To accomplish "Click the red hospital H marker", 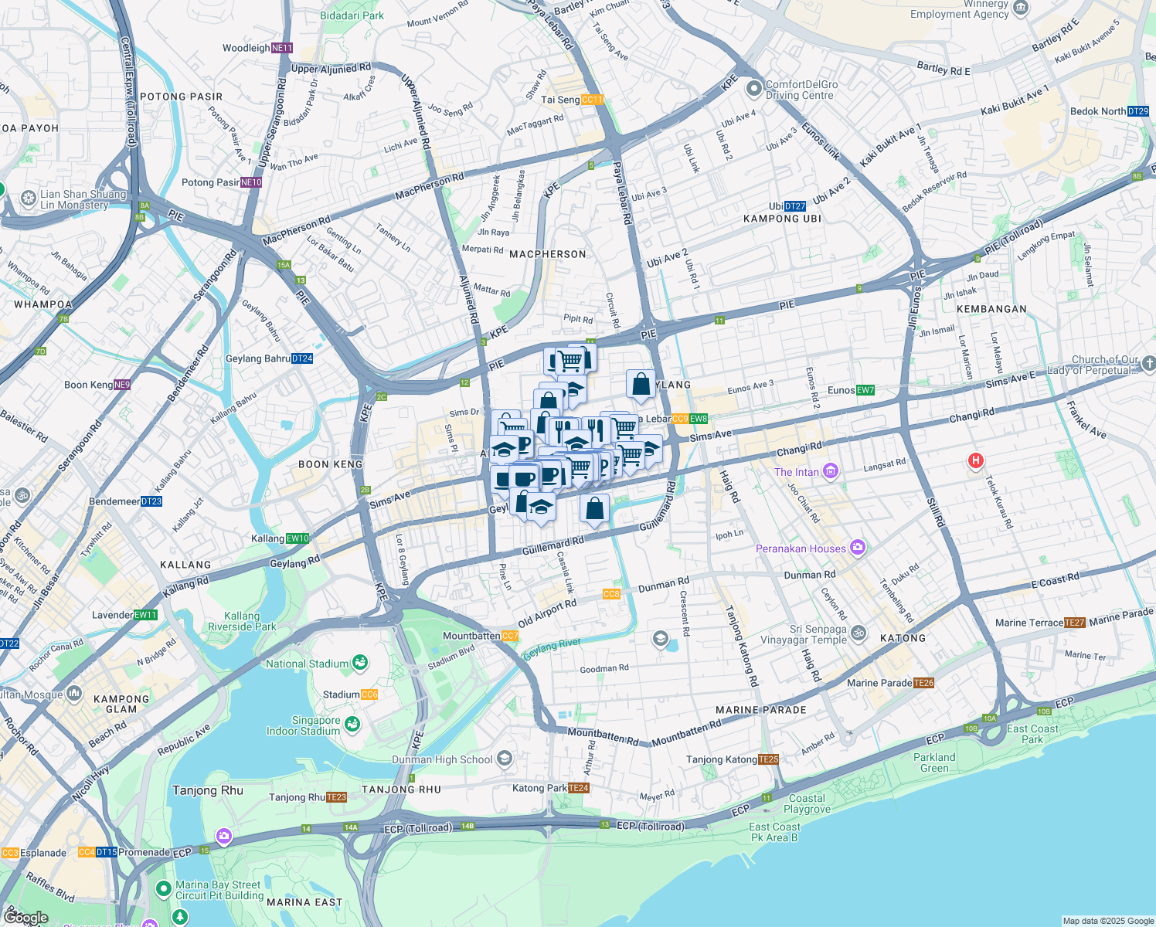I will click(975, 461).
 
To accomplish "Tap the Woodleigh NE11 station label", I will click(257, 48).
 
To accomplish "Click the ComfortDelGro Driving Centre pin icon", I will click(754, 90).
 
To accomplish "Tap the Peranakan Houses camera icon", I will click(857, 548).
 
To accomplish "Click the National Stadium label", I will click(308, 664).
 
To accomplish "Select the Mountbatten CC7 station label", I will click(480, 636).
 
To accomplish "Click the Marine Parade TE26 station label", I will click(890, 683).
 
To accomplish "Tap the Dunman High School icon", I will click(505, 759).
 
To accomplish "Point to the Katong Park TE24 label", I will click(551, 788).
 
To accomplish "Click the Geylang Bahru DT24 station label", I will click(269, 358).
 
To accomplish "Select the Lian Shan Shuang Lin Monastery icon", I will click(29, 199).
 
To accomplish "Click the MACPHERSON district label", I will click(548, 254).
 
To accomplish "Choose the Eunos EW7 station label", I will click(851, 390).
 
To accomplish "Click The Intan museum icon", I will click(831, 470).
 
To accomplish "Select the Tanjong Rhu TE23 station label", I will click(308, 797).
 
